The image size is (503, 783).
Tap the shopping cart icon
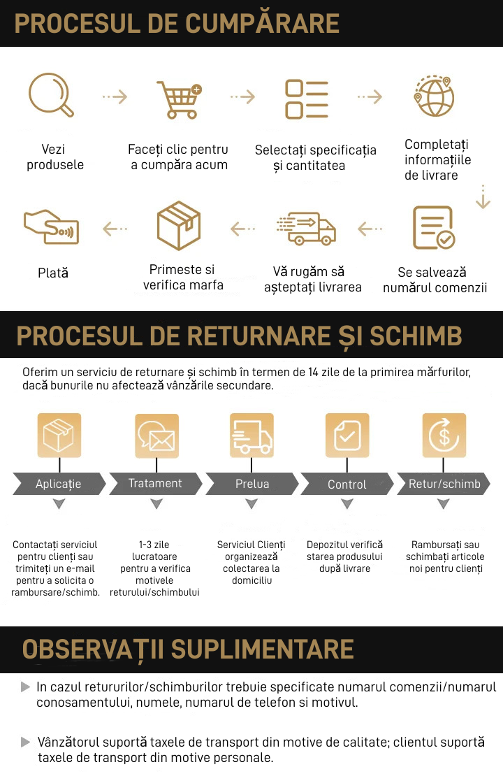point(180,99)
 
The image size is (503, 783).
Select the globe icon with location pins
point(434,96)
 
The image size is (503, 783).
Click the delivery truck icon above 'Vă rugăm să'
point(306,228)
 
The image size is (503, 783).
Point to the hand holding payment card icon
point(52,227)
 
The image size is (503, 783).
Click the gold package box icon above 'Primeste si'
point(179,225)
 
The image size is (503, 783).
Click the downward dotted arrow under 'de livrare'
point(483,196)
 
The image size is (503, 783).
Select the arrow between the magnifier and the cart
point(115,96)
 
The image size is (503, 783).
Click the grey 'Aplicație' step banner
point(59,483)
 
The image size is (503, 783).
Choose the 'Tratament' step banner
point(156,483)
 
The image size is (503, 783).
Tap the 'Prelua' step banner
point(252,483)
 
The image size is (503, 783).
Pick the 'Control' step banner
point(347,484)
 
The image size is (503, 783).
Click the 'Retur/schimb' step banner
point(444,483)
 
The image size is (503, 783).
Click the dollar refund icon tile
point(444,435)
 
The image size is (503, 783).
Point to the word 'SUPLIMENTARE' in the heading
point(263,649)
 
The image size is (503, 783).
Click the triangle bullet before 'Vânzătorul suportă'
point(25,742)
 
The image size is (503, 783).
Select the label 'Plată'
point(53,273)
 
